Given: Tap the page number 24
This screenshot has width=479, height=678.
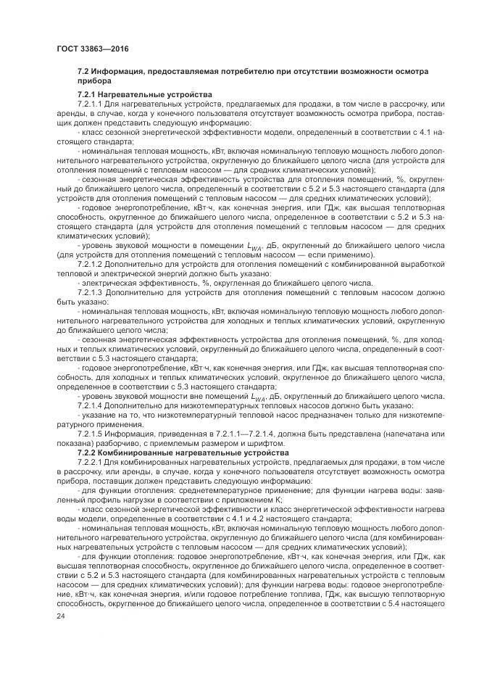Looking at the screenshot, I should (x=61, y=616).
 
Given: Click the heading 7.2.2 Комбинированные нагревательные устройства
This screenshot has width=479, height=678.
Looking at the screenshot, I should (x=183, y=452).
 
